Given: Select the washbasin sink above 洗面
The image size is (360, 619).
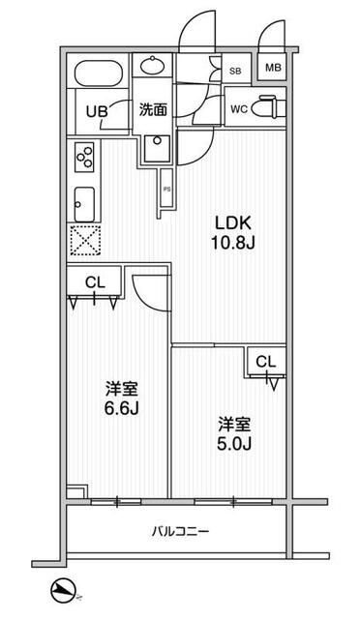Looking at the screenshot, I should tap(153, 67).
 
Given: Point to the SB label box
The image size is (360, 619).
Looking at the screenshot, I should tap(235, 70).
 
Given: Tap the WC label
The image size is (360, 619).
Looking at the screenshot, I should tap(238, 109).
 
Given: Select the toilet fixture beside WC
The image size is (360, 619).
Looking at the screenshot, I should tap(270, 109).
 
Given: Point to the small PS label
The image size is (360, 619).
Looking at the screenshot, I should tap(166, 189).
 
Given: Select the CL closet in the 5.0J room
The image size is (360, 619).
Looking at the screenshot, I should tap(265, 362).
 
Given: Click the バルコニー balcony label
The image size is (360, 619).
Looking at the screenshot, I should tap(180, 531).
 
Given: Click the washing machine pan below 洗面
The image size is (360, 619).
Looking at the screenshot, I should tap(155, 147).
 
